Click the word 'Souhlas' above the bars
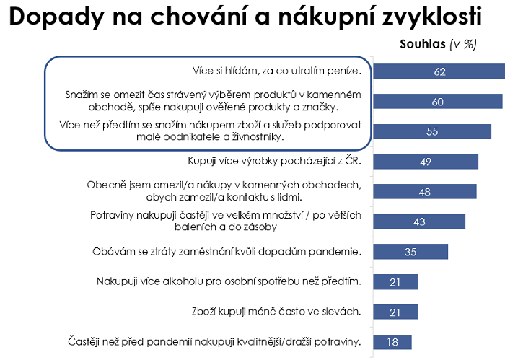423,44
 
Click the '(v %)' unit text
463,44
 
